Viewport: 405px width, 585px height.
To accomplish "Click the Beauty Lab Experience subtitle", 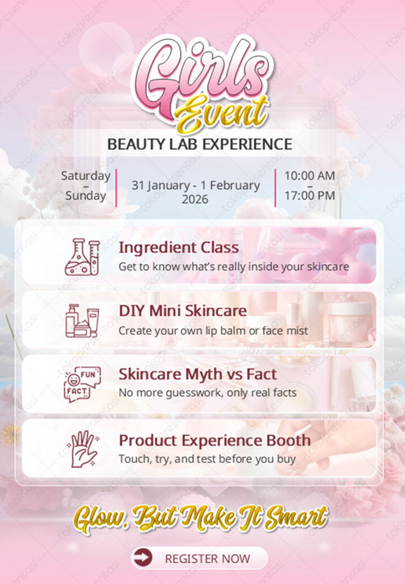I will [x=200, y=144].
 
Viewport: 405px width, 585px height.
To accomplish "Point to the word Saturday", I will [x=85, y=175].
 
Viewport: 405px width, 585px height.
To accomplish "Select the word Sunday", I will [x=85, y=196].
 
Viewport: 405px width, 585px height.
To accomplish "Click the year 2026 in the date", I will [x=195, y=199].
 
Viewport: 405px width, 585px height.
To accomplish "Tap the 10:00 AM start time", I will [x=309, y=175].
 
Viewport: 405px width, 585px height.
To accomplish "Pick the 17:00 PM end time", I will [x=309, y=196].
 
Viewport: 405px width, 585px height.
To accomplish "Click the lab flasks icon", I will [x=82, y=256].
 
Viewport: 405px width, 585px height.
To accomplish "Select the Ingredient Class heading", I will [x=179, y=247].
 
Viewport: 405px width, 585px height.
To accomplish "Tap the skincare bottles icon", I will [x=82, y=320].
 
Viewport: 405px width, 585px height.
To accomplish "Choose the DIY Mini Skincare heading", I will [x=183, y=310].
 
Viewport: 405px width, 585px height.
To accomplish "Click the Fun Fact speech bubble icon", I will [x=82, y=384].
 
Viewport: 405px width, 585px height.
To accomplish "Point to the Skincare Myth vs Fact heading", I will [x=197, y=374].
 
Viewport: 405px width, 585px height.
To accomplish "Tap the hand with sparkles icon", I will [x=82, y=448].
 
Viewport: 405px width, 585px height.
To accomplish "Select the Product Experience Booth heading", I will [x=214, y=440].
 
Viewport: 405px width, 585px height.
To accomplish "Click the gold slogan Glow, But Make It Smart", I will [x=200, y=517].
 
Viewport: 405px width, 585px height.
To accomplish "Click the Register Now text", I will [x=208, y=559].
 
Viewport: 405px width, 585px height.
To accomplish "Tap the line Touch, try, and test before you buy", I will [x=206, y=459].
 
